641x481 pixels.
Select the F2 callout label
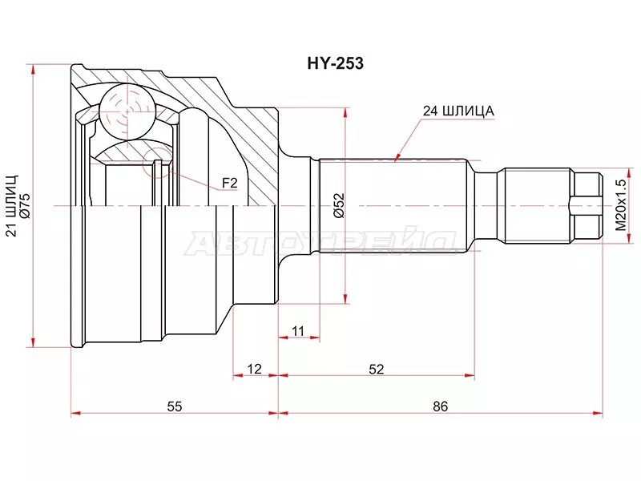230,184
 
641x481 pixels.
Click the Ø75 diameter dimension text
25,206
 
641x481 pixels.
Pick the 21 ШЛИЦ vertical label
11,206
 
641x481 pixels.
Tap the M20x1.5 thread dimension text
619,206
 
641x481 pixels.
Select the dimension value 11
298,330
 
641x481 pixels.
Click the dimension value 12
254,369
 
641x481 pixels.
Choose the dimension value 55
174,406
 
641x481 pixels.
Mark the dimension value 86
439,406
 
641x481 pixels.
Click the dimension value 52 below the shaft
376,369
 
